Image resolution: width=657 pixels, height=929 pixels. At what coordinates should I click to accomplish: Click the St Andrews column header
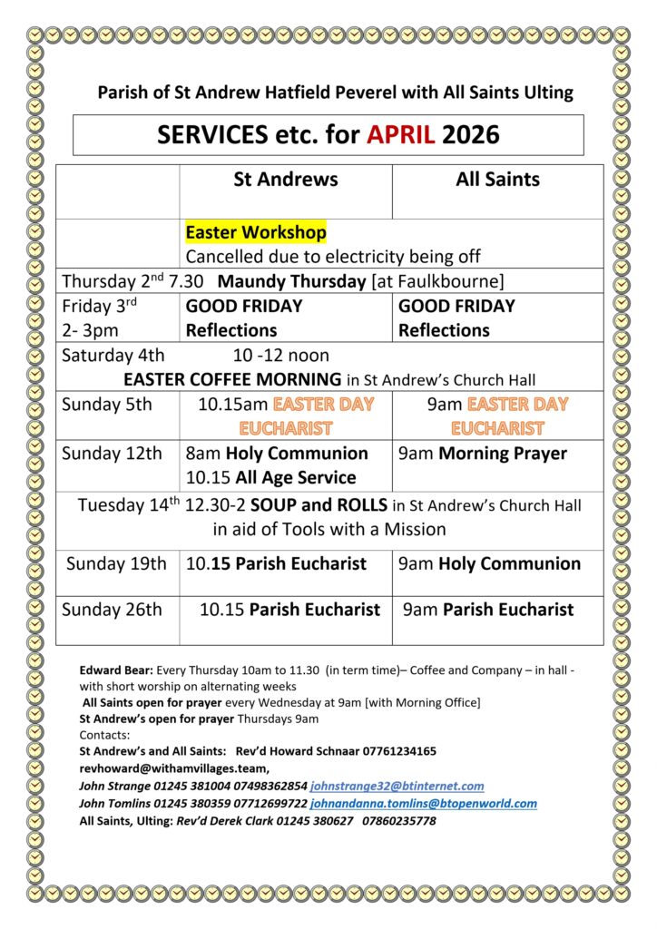point(285,180)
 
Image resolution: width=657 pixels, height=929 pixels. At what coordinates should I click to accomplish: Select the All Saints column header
point(497,180)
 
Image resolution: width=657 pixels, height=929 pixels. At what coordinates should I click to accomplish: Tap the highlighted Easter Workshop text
point(256,233)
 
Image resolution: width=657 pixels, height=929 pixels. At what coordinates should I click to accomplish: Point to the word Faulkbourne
point(446,281)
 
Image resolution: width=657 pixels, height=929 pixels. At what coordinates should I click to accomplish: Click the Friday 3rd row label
point(94,307)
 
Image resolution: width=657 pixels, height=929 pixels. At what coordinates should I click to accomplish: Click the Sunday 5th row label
point(106,405)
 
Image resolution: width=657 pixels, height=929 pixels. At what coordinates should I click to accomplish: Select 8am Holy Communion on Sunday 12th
point(277,453)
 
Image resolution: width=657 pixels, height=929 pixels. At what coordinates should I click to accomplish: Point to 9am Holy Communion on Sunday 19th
point(489,563)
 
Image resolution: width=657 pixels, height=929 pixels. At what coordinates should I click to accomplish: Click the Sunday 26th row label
point(112,610)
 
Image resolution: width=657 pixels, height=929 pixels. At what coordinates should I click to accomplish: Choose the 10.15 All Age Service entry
point(270,477)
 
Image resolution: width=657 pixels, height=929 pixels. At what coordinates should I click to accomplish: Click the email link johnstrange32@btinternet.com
point(397,786)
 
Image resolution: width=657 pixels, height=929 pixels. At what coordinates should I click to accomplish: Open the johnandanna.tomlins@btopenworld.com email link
point(423,803)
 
